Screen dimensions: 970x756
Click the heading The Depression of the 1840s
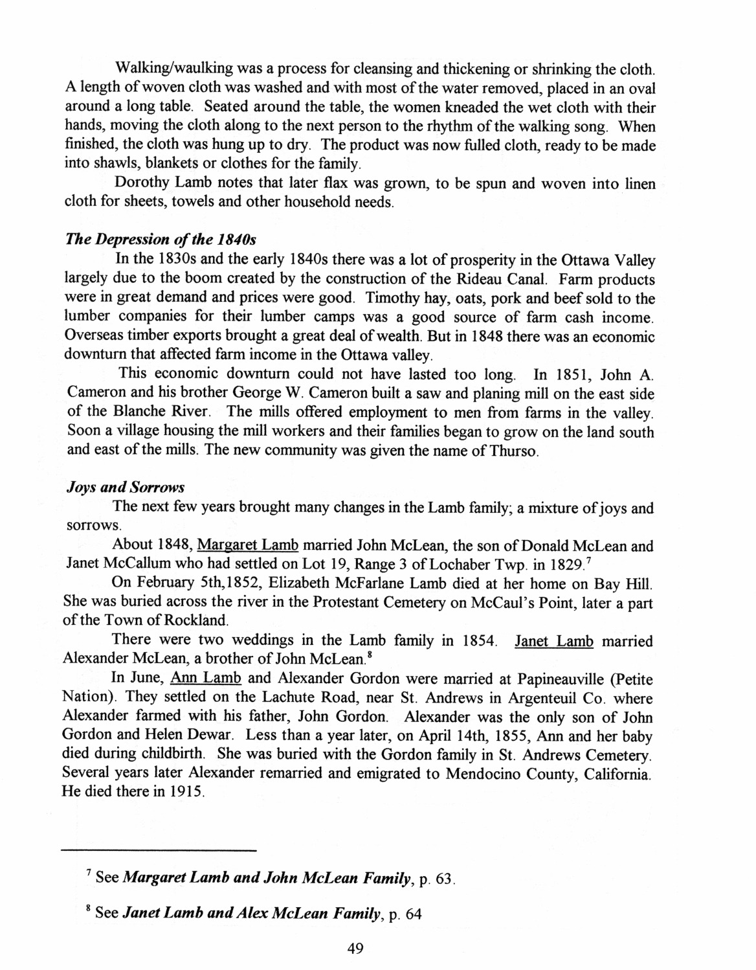coord(161,240)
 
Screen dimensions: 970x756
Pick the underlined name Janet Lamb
coord(554,642)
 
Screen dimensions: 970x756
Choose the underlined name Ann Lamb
coord(206,679)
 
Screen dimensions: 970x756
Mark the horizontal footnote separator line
coord(160,850)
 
